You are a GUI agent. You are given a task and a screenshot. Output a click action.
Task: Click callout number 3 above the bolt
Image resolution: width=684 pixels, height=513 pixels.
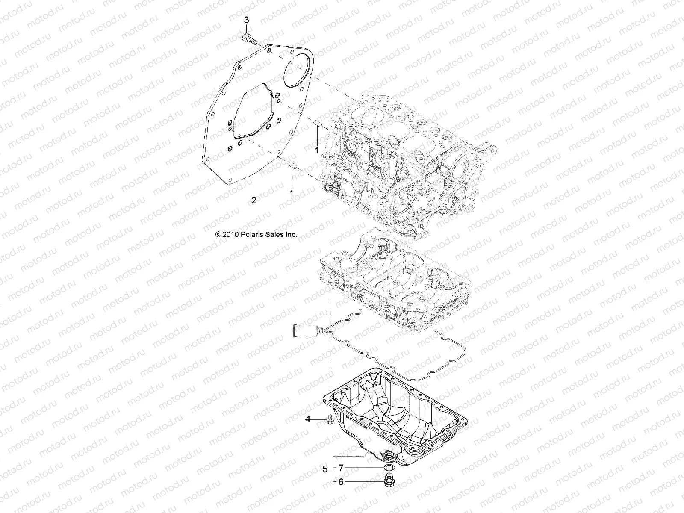coord(246,20)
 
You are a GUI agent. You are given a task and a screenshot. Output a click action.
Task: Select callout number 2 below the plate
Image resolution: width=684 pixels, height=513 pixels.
coord(254,200)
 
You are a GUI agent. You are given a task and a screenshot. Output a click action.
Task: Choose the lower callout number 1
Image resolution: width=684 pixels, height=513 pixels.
coord(292,193)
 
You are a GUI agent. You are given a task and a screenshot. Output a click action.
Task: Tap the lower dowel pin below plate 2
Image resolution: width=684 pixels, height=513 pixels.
coord(292,165)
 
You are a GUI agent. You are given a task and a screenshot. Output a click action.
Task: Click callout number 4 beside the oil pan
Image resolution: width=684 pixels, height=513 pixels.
coord(307,419)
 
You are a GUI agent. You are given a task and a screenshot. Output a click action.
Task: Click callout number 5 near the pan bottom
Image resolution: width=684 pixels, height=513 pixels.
coord(325,469)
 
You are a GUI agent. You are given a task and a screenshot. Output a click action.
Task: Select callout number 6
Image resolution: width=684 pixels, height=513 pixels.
coord(341,482)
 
